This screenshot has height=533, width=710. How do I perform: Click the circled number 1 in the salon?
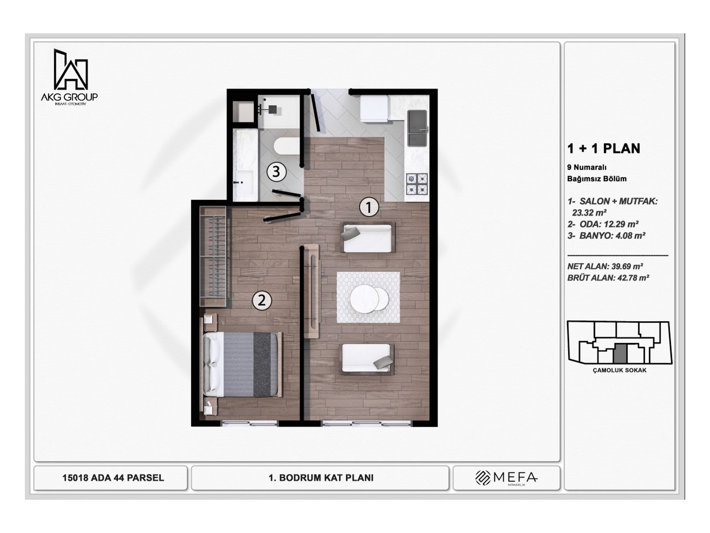(369, 207)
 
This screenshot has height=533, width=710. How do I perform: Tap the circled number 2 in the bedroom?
(262, 301)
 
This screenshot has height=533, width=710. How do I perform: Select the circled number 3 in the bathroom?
(276, 171)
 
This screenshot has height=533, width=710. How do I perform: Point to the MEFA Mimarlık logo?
(506, 478)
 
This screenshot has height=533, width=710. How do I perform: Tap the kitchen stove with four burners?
(417, 184)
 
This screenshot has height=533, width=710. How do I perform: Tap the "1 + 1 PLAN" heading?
(603, 149)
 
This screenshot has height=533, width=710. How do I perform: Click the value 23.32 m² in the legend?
(589, 213)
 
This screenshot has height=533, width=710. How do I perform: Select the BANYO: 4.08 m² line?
(606, 236)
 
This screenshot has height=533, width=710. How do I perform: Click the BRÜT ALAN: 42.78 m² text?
(608, 278)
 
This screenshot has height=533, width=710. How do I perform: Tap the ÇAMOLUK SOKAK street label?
(619, 370)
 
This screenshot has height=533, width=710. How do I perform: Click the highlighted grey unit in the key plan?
(620, 353)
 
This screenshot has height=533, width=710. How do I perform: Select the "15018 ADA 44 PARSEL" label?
(113, 478)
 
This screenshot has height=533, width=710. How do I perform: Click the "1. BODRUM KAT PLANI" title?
(321, 478)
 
